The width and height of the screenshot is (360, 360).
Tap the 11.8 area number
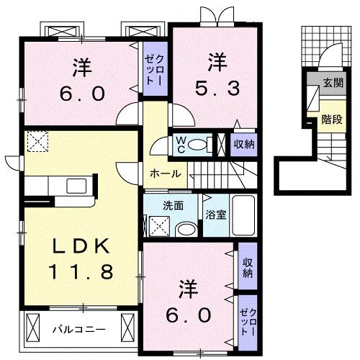tap(79, 273)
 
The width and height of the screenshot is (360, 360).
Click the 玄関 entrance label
tap(333, 84)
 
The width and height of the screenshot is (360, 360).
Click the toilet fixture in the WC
tap(204, 144)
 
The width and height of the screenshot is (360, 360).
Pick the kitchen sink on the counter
tap(76, 186)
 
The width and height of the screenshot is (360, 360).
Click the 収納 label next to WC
tap(243, 143)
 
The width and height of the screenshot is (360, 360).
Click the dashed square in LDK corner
tap(37, 141)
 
